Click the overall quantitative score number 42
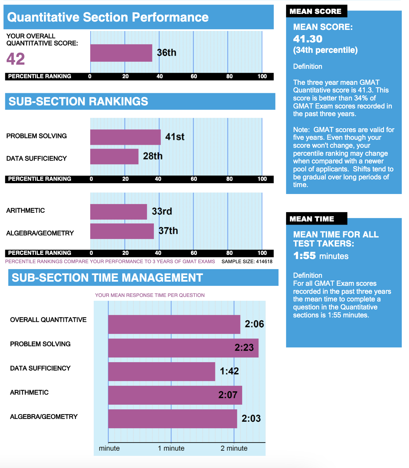[x=16, y=59]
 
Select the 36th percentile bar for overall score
[x=121, y=53]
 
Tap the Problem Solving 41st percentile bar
[x=125, y=137]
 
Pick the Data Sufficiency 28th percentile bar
[x=114, y=156]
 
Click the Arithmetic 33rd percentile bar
[x=118, y=212]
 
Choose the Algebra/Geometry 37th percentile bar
[x=122, y=231]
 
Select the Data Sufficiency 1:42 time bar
[x=162, y=371]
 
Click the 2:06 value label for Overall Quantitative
[x=254, y=324]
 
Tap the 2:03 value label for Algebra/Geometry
[x=251, y=418]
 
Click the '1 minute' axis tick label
[x=171, y=448]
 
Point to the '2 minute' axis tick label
[x=234, y=448]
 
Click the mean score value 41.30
[x=308, y=39]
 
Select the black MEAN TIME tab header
[x=316, y=219]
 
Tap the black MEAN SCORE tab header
[x=316, y=11]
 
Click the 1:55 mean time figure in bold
[x=304, y=256]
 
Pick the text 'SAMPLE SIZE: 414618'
[x=247, y=261]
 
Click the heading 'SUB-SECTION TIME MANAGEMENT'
[x=107, y=277]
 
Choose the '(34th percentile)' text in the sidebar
[x=325, y=50]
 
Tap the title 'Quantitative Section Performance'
[x=108, y=17]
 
